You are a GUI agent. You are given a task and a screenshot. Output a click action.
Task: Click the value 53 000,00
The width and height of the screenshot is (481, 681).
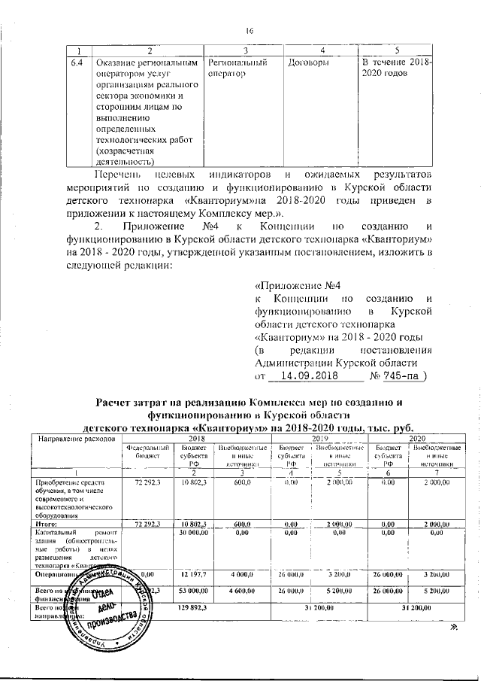pyautogui.click(x=194, y=592)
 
